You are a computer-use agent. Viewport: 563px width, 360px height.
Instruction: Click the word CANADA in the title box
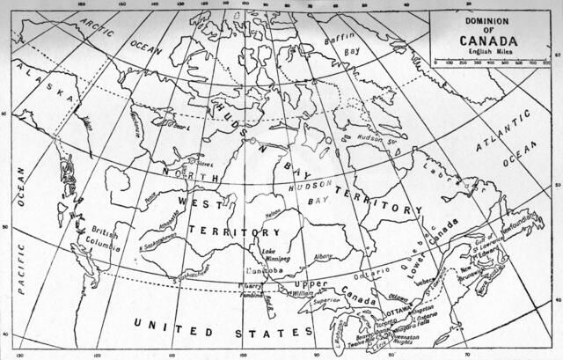point(481,40)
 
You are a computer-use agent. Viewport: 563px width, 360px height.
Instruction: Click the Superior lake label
point(328,300)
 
